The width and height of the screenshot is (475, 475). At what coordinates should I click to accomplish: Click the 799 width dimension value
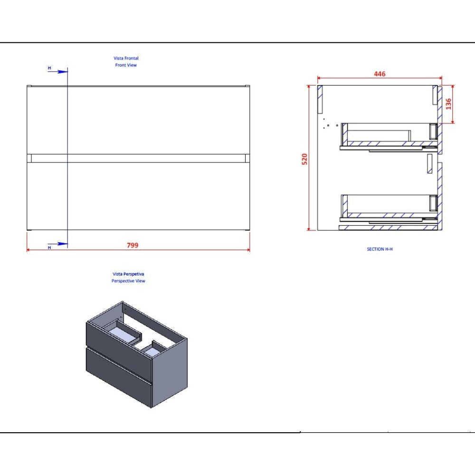pyautogui.click(x=133, y=245)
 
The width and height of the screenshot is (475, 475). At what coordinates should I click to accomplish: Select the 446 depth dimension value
pyautogui.click(x=380, y=74)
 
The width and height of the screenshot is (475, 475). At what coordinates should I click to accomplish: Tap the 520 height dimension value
pyautogui.click(x=305, y=159)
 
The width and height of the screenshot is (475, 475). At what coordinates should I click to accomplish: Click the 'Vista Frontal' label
pyautogui.click(x=126, y=58)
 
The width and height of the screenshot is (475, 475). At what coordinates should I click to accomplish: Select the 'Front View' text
pyautogui.click(x=126, y=65)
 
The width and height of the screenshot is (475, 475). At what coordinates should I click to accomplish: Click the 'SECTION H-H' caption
pyautogui.click(x=380, y=249)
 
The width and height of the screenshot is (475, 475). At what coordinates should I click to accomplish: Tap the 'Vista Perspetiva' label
pyautogui.click(x=128, y=274)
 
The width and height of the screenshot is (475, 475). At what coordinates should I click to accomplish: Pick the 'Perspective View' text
pyautogui.click(x=128, y=281)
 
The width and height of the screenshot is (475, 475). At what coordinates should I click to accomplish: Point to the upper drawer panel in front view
pyautogui.click(x=138, y=120)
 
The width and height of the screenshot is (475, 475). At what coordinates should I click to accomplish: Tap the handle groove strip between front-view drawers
pyautogui.click(x=138, y=158)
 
